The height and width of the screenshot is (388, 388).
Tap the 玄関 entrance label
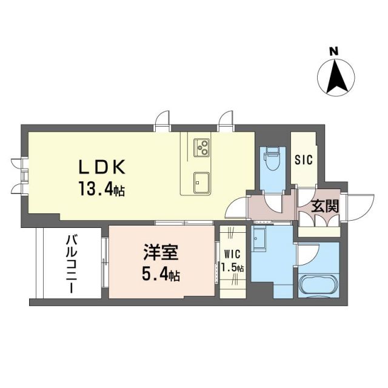[x=325, y=207]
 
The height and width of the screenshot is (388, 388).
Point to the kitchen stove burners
[x=201, y=147]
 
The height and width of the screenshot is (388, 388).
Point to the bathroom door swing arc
[x=306, y=252]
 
